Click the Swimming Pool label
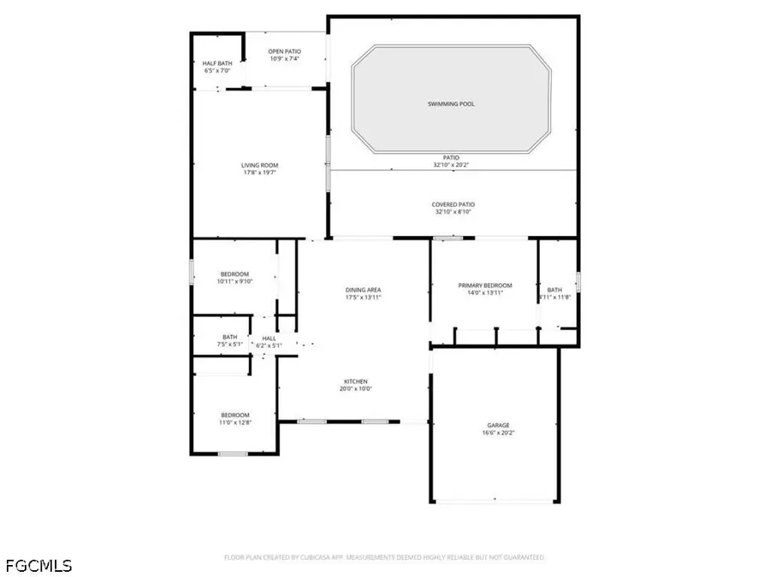pos(451,104)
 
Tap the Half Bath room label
pos(217,63)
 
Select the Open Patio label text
pos(285,51)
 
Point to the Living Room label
pos(258,165)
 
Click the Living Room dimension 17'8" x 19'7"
pos(258,173)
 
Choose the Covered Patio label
pos(453,204)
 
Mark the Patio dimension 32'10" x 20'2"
pos(451,165)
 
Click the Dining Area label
pos(362,290)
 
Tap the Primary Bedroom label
pos(485,286)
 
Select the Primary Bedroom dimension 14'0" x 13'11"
pos(485,293)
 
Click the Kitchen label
pos(356,381)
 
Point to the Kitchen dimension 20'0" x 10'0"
pos(356,389)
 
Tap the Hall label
pos(269,339)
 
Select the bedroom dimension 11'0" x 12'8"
pos(235,422)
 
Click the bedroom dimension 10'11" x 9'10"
pos(233,281)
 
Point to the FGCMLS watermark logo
pos(38,565)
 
